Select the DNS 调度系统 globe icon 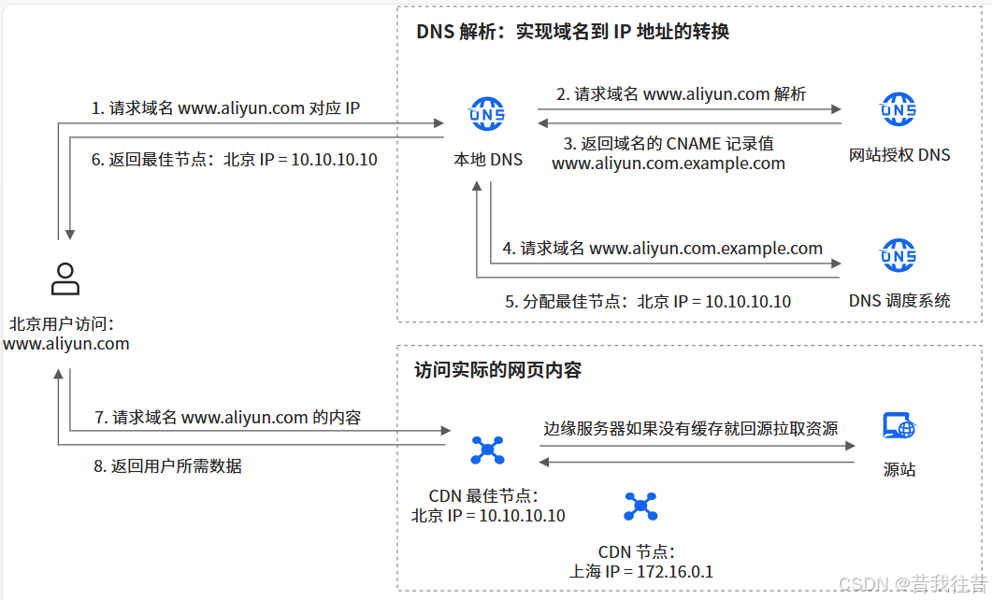tap(899, 255)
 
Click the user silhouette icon tap(65, 279)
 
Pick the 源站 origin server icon tap(899, 428)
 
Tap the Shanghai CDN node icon tap(640, 507)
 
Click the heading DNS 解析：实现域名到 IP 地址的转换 tap(572, 32)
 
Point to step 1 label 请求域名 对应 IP tap(225, 108)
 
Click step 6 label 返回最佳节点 tap(234, 160)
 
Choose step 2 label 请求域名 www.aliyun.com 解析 tap(681, 93)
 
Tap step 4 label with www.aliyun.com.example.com tap(662, 249)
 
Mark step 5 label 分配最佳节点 tap(648, 302)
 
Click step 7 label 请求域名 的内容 tap(228, 418)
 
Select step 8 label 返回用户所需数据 tap(167, 466)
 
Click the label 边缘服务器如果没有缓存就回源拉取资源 tap(691, 429)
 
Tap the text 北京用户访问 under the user tap(62, 324)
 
